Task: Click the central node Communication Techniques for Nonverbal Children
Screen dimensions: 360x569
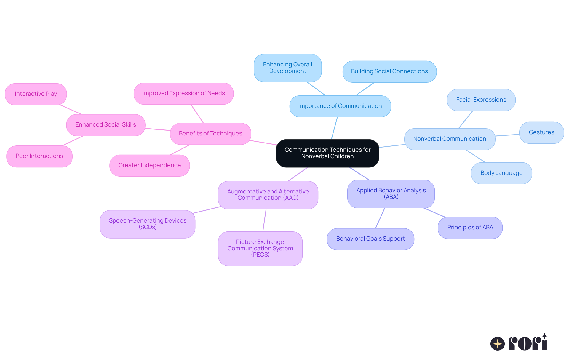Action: point(327,153)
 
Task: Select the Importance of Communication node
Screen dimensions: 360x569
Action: point(340,106)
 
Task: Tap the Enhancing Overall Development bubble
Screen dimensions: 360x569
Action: point(287,68)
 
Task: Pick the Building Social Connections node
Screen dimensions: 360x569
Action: point(389,71)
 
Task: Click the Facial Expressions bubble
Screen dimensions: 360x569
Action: point(481,100)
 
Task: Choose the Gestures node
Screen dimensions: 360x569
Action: point(541,132)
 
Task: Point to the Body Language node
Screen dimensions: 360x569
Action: point(501,173)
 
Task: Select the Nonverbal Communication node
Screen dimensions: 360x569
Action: point(450,139)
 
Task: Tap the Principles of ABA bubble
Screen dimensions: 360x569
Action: point(470,228)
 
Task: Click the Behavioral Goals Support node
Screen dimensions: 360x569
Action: point(370,239)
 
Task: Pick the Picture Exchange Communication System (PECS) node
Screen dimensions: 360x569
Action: point(260,248)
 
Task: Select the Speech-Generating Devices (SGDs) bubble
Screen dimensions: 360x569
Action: point(148,224)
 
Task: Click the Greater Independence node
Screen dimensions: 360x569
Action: point(149,165)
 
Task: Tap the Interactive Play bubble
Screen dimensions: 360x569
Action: point(36,94)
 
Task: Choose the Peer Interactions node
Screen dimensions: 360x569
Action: point(39,156)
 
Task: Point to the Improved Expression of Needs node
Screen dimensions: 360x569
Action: point(183,93)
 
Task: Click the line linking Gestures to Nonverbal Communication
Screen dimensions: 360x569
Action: point(507,135)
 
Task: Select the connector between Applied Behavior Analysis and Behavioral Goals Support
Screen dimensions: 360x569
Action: point(380,218)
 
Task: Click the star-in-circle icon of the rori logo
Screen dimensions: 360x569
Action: point(498,344)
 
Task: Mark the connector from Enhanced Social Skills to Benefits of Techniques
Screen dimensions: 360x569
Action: point(158,129)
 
